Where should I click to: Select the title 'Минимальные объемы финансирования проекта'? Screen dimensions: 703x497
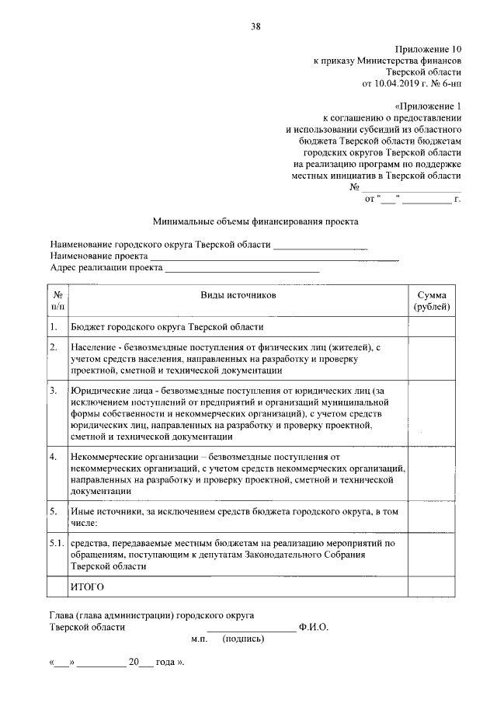click(x=255, y=221)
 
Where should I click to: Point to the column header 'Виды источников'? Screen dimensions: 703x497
click(x=238, y=296)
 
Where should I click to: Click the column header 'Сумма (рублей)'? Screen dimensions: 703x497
click(x=431, y=301)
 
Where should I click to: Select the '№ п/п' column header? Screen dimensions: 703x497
click(x=57, y=301)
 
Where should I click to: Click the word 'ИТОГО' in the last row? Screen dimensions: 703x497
click(x=87, y=586)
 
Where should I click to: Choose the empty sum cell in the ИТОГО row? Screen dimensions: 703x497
click(x=431, y=586)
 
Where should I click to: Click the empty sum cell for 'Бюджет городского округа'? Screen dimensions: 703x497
click(x=431, y=327)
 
